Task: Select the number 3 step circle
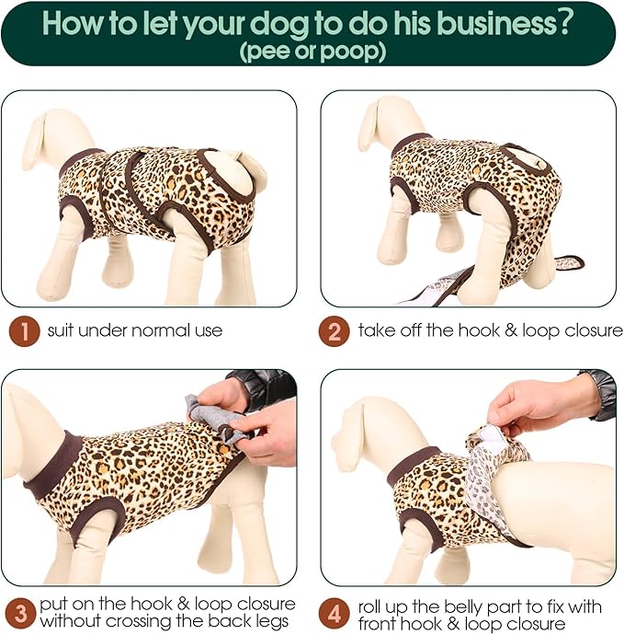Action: coord(20,613)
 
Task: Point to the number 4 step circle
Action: coord(334,613)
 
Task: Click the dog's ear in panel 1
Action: coord(36,143)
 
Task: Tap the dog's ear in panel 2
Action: coord(369,125)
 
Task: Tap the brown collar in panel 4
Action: coord(412,466)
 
